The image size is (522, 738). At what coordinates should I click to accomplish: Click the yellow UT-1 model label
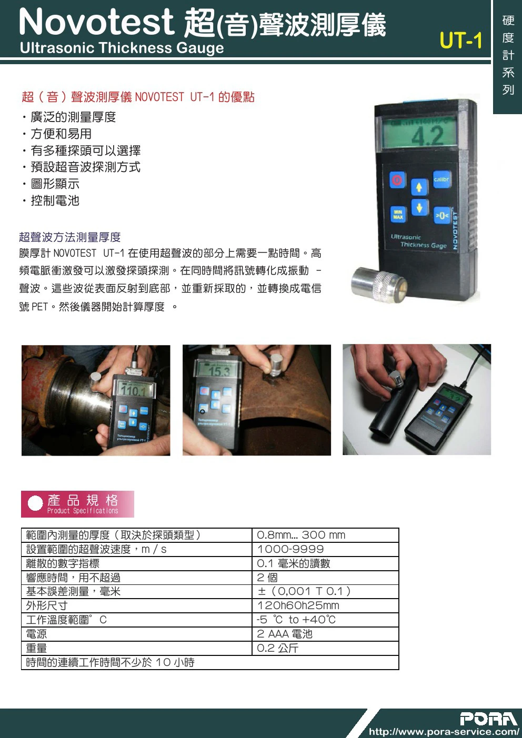pos(461,41)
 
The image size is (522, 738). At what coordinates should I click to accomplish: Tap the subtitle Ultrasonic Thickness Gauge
pos(122,48)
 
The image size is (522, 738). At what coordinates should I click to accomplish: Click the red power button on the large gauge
pos(397,180)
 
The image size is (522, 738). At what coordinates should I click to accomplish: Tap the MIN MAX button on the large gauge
pos(398,215)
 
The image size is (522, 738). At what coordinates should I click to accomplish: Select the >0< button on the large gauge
pos(441,215)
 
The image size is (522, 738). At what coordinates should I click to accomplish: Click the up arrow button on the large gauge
pos(419,187)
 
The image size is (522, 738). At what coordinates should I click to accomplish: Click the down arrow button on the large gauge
pos(419,208)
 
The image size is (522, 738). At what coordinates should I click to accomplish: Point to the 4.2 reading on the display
pos(427,136)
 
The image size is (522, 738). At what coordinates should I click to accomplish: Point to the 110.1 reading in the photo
pos(133,391)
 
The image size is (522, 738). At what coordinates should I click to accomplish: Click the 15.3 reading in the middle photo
pos(219,372)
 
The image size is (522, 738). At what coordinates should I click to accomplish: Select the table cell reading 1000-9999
pos(325,549)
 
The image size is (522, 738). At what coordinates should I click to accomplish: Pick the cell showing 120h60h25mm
pos(325,605)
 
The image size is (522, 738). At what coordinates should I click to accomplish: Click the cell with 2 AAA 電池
pos(325,634)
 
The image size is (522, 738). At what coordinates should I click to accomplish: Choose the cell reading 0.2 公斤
pos(325,648)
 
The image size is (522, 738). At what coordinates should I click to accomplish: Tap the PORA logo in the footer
pos(489,719)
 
